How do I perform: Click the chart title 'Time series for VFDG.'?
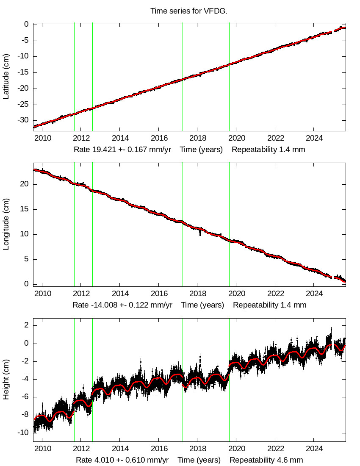pyautogui.click(x=189, y=11)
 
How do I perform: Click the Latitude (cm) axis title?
pyautogui.click(x=6, y=77)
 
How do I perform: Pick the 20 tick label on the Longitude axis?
pyautogui.click(x=25, y=184)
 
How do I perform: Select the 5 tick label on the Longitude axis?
pyautogui.click(x=26, y=259)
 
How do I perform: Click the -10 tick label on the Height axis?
pyautogui.click(x=22, y=433)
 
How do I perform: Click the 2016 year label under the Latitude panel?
pyautogui.click(x=159, y=138)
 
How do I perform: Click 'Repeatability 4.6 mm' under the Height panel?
pyautogui.click(x=266, y=460)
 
